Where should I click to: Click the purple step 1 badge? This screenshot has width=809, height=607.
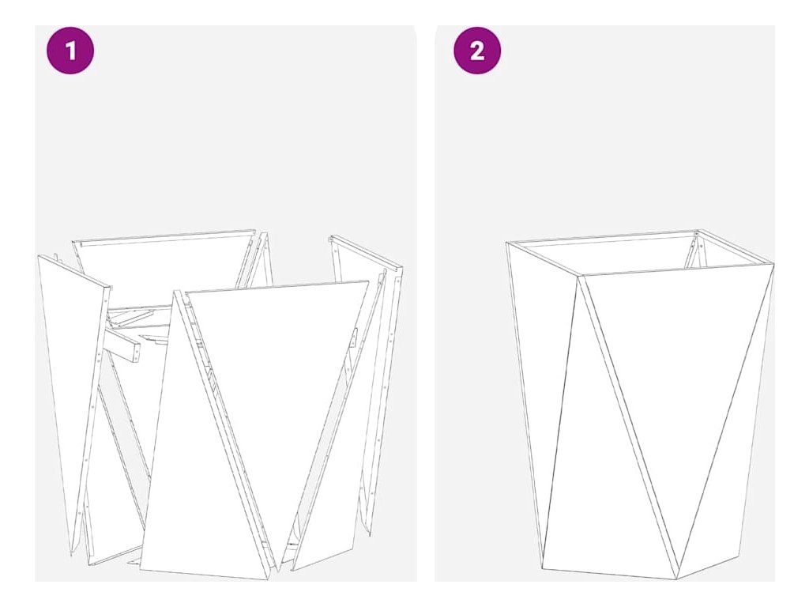point(70,51)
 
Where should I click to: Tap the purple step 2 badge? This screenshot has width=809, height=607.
point(477,51)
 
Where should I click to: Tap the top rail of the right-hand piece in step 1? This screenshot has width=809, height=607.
point(367,252)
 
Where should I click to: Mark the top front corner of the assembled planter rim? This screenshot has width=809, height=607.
point(579,277)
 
